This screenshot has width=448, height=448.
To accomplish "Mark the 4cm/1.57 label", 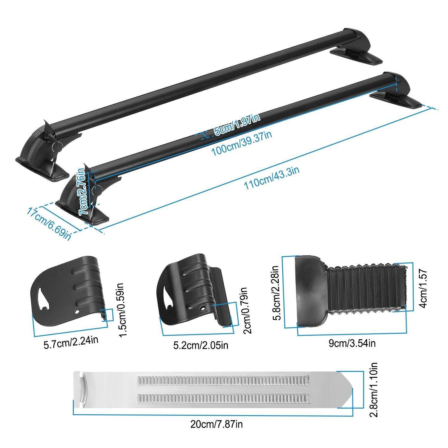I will (x=425, y=288).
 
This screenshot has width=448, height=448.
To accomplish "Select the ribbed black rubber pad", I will (x=349, y=288).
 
